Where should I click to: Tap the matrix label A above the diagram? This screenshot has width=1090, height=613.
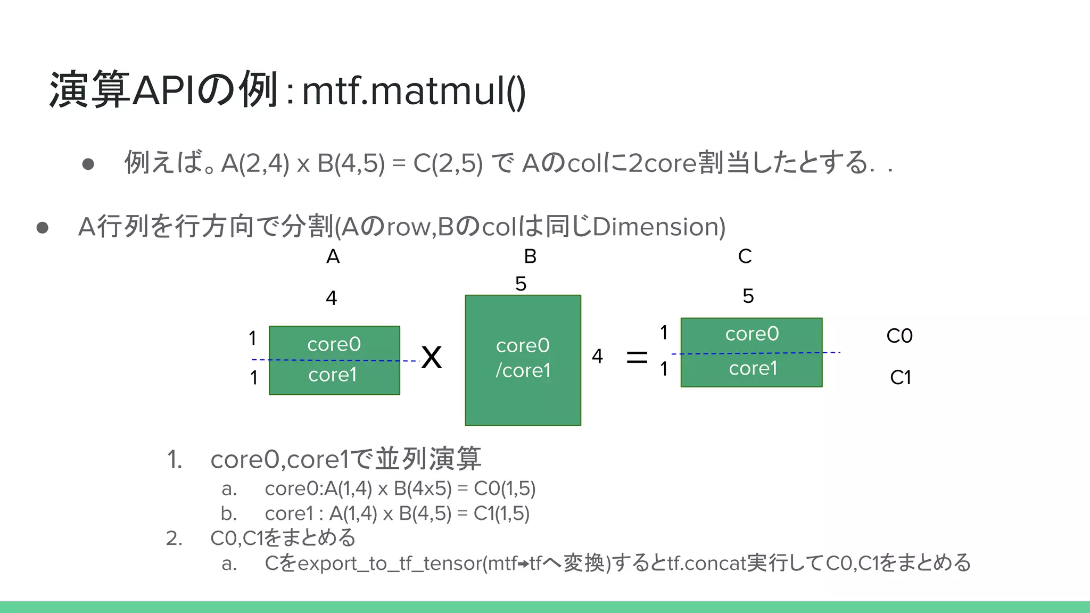[333, 257]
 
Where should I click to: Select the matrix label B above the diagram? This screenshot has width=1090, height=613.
[530, 257]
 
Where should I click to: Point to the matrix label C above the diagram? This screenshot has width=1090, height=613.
[745, 257]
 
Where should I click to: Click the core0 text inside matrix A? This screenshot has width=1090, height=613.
[334, 344]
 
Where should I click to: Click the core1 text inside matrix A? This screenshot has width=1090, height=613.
[332, 375]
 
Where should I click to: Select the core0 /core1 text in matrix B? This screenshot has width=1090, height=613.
[523, 358]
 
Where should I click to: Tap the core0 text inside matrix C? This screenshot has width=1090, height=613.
[752, 334]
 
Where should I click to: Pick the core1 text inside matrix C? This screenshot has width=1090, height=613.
[753, 368]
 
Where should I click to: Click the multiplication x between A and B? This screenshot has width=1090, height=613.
[432, 357]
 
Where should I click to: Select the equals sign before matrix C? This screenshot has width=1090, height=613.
[637, 357]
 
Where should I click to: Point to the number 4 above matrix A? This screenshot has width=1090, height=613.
[331, 298]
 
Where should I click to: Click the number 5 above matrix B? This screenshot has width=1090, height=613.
[521, 284]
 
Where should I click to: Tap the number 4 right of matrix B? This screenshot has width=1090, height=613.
[597, 356]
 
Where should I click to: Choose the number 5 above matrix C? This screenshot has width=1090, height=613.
[748, 296]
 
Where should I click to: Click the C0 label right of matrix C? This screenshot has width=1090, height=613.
[899, 336]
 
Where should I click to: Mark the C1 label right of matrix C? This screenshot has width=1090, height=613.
[901, 378]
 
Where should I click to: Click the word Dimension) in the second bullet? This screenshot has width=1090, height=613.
[659, 227]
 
